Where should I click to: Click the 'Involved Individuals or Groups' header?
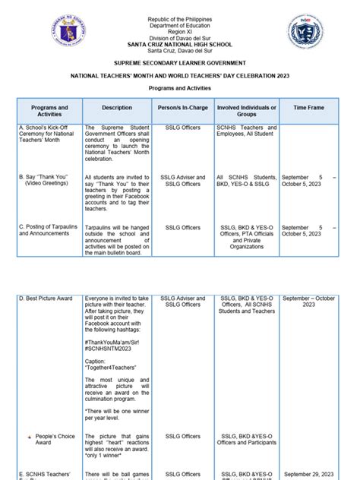(246, 112)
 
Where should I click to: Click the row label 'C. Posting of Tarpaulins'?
(47, 231)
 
